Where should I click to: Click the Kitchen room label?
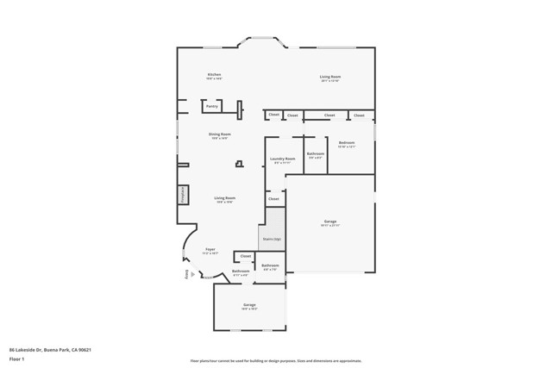coord(214,75)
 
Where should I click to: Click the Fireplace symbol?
coord(183,195)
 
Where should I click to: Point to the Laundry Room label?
coord(282,159)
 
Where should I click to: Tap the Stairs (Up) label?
coord(271,239)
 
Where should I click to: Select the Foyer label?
coord(210,252)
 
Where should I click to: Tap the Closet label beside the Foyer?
coord(245,256)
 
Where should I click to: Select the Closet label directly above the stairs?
coord(273,199)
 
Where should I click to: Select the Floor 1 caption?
coord(17,359)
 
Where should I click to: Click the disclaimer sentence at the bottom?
coord(275,361)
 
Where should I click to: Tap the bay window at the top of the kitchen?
coord(262,40)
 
